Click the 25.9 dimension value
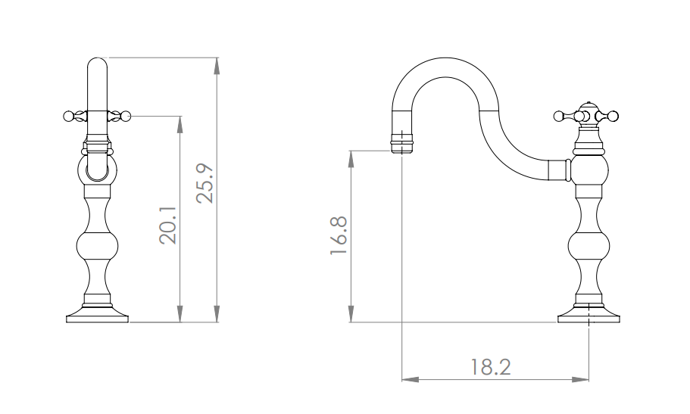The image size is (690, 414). point(205,183)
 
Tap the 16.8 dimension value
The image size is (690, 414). point(339,235)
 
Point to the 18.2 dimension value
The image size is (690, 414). point(491,367)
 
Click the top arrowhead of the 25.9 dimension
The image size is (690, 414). point(217,66)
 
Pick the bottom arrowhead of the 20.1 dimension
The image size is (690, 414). point(180,314)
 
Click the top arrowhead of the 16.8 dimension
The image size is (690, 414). point(351,159)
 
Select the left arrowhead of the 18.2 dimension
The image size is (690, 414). point(410,379)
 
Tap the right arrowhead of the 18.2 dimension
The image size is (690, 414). point(580,379)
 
